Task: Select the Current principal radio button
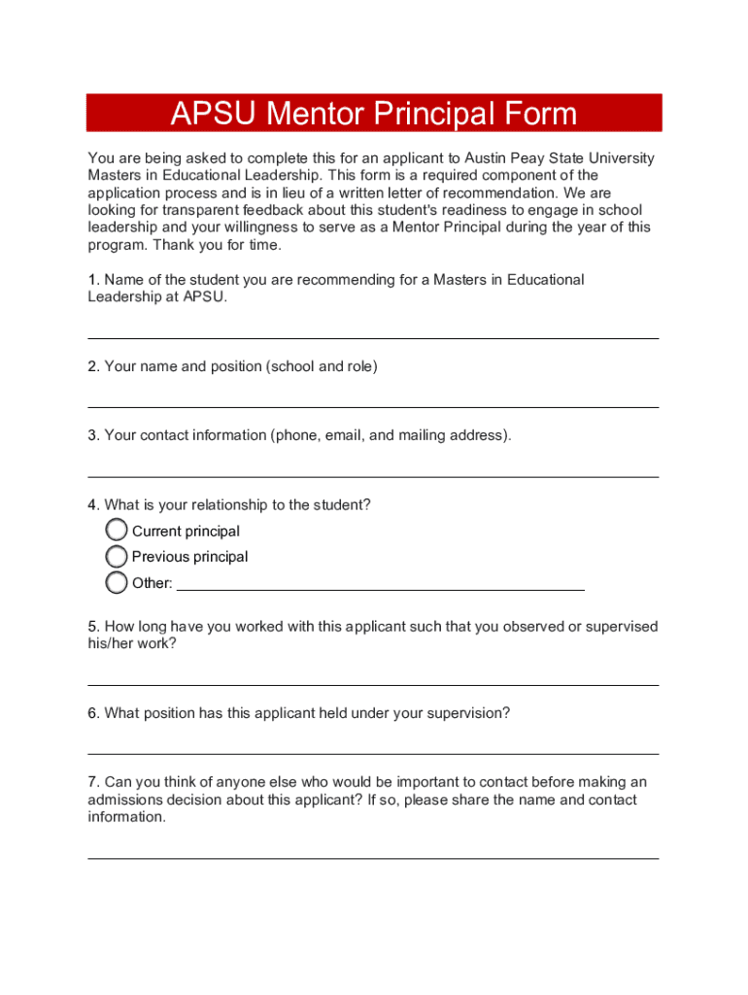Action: (x=117, y=531)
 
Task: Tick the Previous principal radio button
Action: (x=117, y=557)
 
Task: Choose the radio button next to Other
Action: (x=117, y=583)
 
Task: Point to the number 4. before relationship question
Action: (x=93, y=505)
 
